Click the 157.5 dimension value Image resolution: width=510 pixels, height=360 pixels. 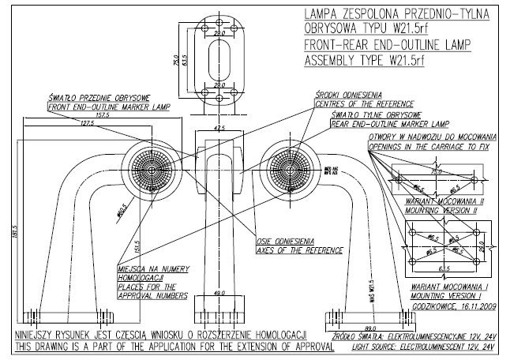pyautogui.click(x=102, y=114)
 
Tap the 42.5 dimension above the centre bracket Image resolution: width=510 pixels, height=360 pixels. pyautogui.click(x=219, y=127)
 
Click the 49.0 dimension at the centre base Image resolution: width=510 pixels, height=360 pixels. pyautogui.click(x=219, y=292)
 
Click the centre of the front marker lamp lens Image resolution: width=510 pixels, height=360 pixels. pyautogui.click(x=149, y=171)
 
